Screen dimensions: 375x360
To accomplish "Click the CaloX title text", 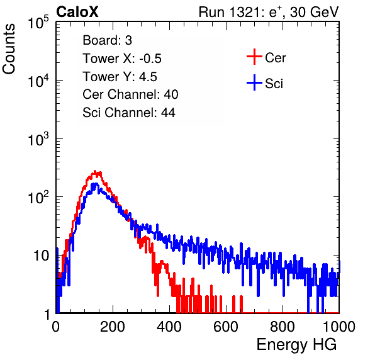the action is tap(77, 12).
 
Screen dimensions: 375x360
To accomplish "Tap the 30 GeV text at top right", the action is tap(315, 13).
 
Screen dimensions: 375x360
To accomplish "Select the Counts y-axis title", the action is tap(9, 49).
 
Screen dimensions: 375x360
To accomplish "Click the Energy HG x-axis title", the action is tap(296, 345).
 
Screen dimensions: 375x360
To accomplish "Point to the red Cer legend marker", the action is tap(254, 57).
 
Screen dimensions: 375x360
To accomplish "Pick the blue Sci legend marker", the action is tap(254, 82).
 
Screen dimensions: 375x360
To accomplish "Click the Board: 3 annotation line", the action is tap(108, 40).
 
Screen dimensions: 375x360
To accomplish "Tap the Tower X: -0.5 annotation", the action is tap(122, 59).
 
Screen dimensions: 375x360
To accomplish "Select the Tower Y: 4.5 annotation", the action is tap(120, 77).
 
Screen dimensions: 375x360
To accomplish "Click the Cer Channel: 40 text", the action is tap(130, 94).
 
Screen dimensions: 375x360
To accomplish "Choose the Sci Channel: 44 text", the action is tap(129, 113).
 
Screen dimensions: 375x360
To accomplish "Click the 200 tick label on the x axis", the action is tap(113, 327).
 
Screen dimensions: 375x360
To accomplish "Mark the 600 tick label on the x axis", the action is tap(226, 327).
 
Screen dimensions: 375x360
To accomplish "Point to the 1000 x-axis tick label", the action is tap(339, 327).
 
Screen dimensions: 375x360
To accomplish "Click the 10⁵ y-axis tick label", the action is tap(38, 23).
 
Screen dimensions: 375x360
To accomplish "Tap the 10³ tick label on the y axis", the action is tap(38, 139).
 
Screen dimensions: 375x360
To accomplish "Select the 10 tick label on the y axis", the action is tap(41, 256).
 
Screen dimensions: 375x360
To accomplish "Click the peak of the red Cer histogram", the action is tap(95, 171).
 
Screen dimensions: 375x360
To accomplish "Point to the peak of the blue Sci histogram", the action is tap(96, 184).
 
